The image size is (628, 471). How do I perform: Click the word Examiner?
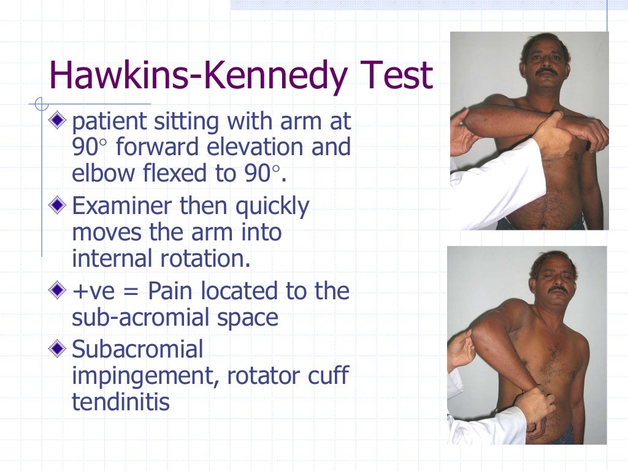(x=122, y=207)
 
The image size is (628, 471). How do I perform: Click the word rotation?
(x=208, y=258)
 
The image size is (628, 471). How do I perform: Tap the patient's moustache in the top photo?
(x=546, y=72)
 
